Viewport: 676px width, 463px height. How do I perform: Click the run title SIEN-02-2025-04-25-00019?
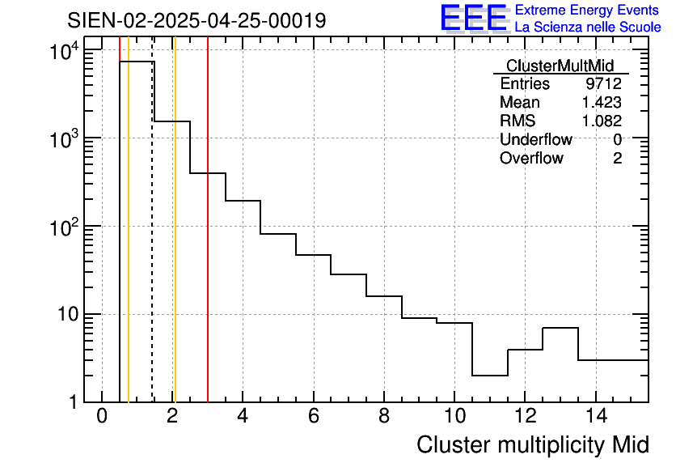click(x=196, y=20)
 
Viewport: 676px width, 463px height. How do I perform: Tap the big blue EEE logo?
click(x=473, y=18)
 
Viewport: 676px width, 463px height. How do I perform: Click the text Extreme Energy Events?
click(x=587, y=10)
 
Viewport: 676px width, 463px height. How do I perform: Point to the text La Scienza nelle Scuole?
click(x=588, y=28)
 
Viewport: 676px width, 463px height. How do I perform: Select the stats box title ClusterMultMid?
click(x=560, y=66)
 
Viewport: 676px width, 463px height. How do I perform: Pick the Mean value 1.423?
click(x=602, y=103)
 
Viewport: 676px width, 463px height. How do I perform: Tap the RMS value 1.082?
click(x=602, y=121)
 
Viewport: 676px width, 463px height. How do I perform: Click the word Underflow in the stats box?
click(x=535, y=140)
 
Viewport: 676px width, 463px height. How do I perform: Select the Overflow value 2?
click(x=617, y=159)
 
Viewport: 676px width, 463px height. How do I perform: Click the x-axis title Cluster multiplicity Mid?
click(x=532, y=444)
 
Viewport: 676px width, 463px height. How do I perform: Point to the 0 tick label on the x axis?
click(x=102, y=417)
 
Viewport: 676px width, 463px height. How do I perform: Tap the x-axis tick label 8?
click(x=384, y=417)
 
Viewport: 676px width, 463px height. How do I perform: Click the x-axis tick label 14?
click(x=595, y=417)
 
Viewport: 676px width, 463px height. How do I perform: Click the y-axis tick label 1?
click(x=73, y=402)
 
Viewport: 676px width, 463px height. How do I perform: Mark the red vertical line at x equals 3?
click(x=208, y=243)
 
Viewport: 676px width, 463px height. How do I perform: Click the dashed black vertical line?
click(x=152, y=243)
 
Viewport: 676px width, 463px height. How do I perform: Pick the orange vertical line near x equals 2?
click(x=175, y=243)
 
